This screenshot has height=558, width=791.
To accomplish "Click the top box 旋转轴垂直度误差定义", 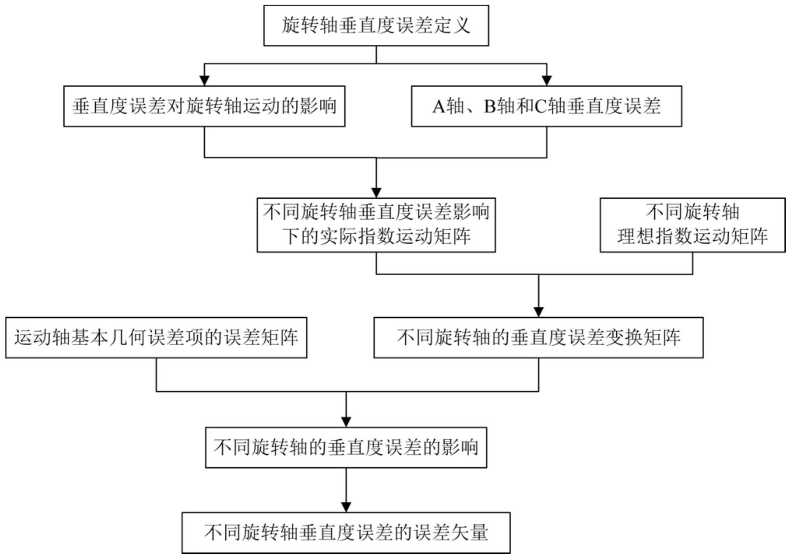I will click(376, 26).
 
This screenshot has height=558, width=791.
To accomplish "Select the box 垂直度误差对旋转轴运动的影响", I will click(204, 106).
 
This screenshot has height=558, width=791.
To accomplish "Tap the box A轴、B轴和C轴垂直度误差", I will click(546, 106).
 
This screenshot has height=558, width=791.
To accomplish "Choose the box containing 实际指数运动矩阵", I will click(376, 225).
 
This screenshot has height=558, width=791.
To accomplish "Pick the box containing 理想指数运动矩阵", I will click(692, 225).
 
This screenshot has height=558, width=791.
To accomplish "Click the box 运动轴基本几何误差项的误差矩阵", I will click(156, 338).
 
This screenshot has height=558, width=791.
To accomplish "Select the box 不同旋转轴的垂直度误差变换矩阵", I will click(538, 338).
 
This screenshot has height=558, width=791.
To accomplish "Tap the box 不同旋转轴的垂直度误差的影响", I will click(346, 448).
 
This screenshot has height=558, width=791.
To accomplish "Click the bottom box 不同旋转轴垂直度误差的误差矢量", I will click(346, 533).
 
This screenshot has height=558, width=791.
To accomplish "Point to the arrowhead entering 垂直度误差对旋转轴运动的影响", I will click(204, 80).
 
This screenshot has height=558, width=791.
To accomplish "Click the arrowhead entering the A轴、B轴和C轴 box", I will click(547, 80).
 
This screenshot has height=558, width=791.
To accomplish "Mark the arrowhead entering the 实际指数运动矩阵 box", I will click(376, 192).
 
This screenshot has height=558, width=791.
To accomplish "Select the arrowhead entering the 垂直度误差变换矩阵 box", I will click(538, 312).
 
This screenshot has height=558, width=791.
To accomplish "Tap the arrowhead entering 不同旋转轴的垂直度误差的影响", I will click(346, 422).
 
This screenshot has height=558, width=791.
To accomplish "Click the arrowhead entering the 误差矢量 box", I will click(346, 507).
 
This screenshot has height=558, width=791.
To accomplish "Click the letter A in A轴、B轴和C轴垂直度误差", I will click(438, 107).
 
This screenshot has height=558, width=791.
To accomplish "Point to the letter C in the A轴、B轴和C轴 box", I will click(541, 107).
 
